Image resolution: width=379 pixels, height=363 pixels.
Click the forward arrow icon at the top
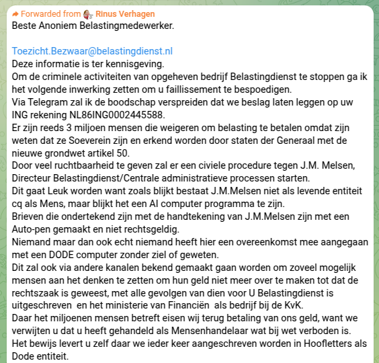[x=17, y=14]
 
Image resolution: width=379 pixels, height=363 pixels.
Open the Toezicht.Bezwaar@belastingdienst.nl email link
[x=93, y=51]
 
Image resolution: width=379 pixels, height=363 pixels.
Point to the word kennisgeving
[x=134, y=64]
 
